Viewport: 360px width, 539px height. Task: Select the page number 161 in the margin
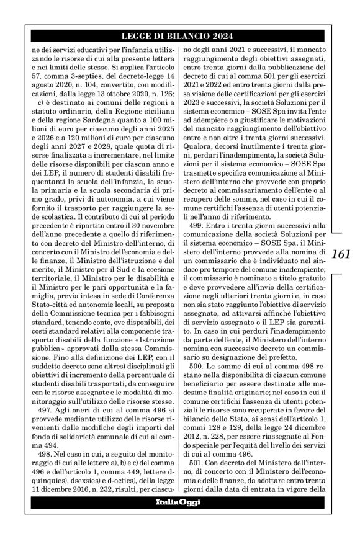pos(341,255)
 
